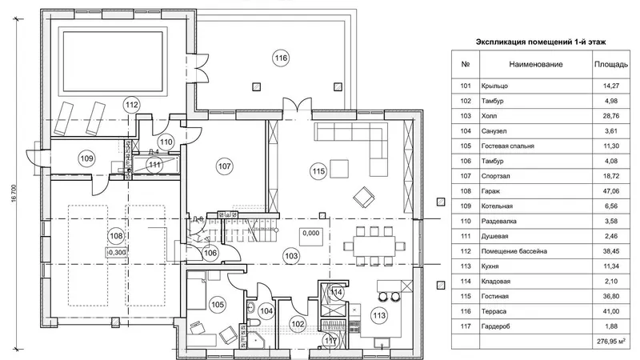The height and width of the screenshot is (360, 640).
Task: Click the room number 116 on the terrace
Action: point(281,58)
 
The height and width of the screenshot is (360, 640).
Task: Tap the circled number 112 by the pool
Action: point(131,105)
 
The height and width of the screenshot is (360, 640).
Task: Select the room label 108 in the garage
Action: point(116,236)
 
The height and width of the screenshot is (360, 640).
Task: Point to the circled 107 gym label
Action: point(225,166)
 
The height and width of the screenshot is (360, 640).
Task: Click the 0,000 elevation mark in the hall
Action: point(311,233)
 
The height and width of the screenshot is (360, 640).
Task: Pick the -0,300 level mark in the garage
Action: point(116,253)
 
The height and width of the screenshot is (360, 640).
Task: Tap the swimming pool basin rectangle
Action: point(113,62)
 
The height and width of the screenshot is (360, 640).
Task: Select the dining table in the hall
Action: point(374,246)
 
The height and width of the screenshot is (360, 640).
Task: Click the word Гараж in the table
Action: point(490,191)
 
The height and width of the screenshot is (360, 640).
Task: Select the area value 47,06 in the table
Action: point(611,191)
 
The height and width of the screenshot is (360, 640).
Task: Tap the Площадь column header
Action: point(611,64)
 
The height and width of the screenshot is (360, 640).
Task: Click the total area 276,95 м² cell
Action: point(611,342)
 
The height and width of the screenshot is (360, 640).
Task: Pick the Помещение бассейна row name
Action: point(514,251)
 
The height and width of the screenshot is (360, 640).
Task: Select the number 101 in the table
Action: point(466,86)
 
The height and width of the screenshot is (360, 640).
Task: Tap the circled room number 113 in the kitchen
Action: point(379,315)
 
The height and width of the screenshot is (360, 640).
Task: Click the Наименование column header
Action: point(535,64)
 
